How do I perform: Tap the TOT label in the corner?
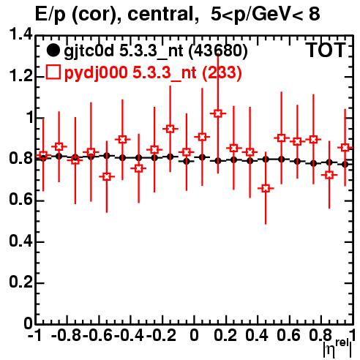pos(326,50)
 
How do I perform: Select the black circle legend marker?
pos(53,50)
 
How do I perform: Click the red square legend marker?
pos(53,72)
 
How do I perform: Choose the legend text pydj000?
pos(96,73)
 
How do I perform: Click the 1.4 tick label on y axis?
pos(20,35)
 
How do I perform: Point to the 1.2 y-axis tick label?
pos(20,76)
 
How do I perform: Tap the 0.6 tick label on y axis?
pos(20,200)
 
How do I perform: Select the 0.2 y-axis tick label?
pos(20,282)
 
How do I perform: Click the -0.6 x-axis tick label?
pos(97,336)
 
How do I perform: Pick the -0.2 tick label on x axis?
pos(161,336)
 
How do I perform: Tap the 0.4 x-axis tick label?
pos(256,336)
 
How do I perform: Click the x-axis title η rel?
pos(337,348)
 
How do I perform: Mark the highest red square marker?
pos(218,113)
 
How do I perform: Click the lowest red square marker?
pos(266,188)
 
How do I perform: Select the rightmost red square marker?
pos(345,148)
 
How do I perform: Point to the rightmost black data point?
pos(345,165)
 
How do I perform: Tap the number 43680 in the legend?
pos(218,51)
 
